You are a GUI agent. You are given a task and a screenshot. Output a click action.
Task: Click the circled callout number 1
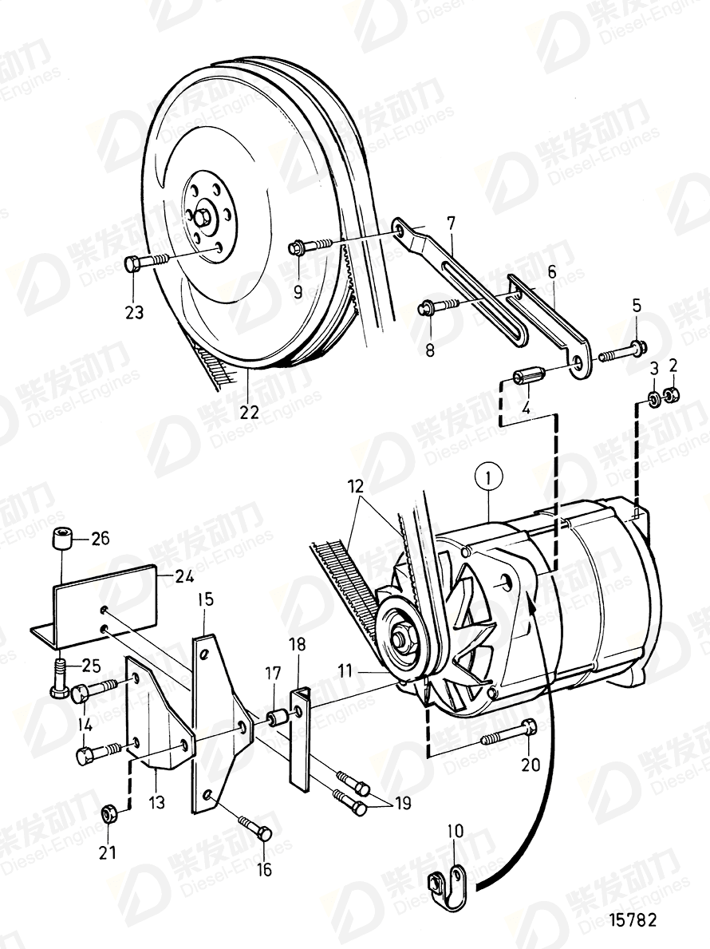pyautogui.click(x=487, y=479)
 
